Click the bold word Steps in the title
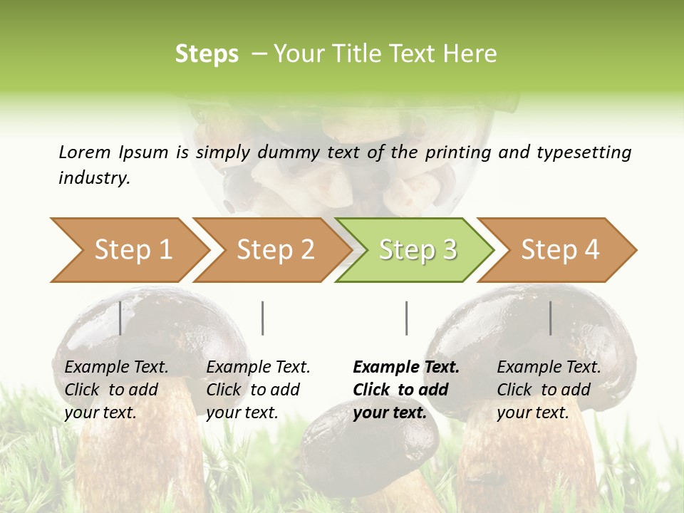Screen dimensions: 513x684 tap(207, 54)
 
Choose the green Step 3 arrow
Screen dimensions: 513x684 tap(418, 249)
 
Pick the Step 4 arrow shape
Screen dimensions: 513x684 tap(560, 249)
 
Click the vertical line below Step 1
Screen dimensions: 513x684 tap(120, 318)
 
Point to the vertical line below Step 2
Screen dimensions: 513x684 tap(263, 318)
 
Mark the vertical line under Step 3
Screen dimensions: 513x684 tap(406, 318)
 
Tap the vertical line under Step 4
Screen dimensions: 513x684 tap(551, 318)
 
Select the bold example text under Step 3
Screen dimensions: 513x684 tap(405, 390)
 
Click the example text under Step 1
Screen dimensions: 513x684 tap(116, 390)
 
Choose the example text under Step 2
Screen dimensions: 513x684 tap(258, 390)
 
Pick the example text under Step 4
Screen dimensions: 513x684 tap(549, 390)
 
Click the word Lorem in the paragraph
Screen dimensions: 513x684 tap(85, 152)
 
